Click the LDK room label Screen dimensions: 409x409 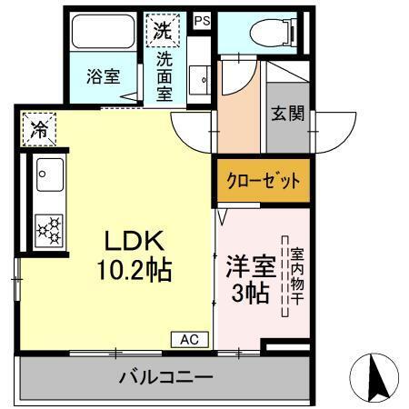[x=134, y=242]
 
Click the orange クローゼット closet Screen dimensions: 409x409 [x=263, y=180]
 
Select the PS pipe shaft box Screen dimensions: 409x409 [x=202, y=19]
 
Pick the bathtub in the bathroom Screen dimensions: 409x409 [x=103, y=33]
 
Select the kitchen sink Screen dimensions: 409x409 [x=48, y=175]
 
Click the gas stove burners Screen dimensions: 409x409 [x=48, y=229]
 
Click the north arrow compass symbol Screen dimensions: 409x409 [x=376, y=375]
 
